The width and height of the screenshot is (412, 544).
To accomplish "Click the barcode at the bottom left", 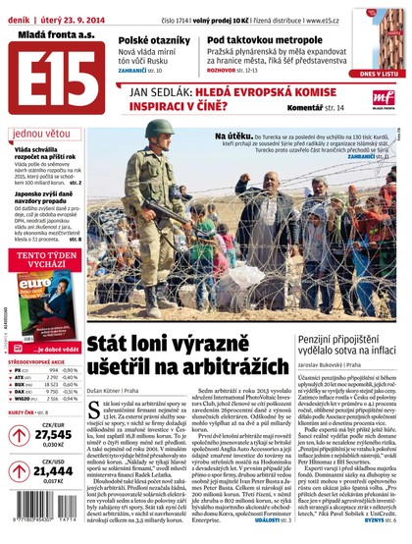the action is point(39,526).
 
